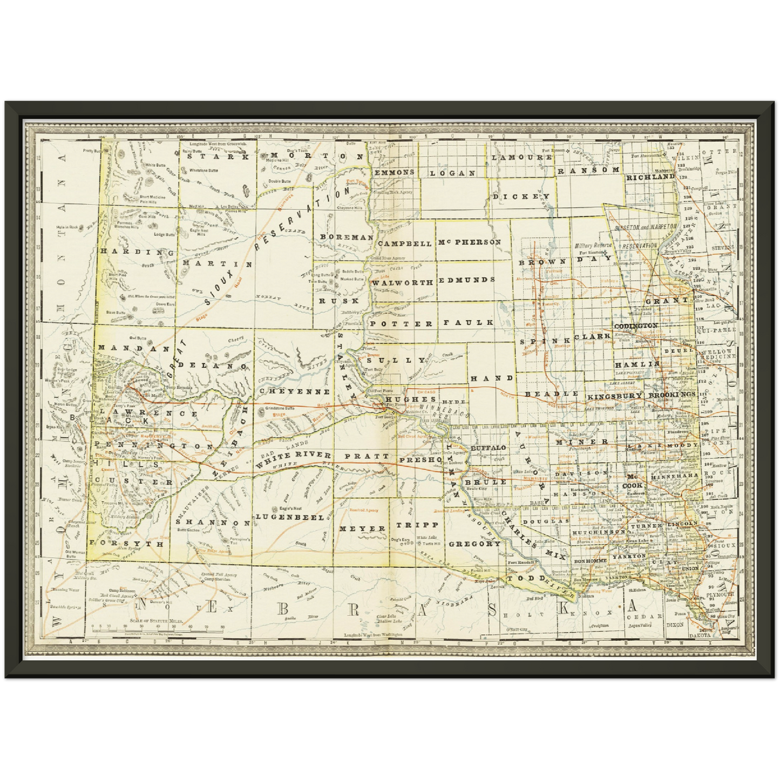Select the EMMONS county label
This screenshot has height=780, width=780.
coord(394,172)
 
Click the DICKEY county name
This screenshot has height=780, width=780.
coord(521,196)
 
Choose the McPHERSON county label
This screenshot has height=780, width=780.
coord(470,242)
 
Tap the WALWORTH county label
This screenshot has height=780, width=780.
coord(403,282)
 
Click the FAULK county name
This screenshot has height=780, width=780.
coord(469,322)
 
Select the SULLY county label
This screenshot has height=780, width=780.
coord(396,360)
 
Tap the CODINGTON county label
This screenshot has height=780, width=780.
coord(636,326)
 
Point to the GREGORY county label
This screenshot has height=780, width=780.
coord(474,544)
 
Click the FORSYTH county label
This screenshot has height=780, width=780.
coord(127,544)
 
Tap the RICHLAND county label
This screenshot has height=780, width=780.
coord(650,177)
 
